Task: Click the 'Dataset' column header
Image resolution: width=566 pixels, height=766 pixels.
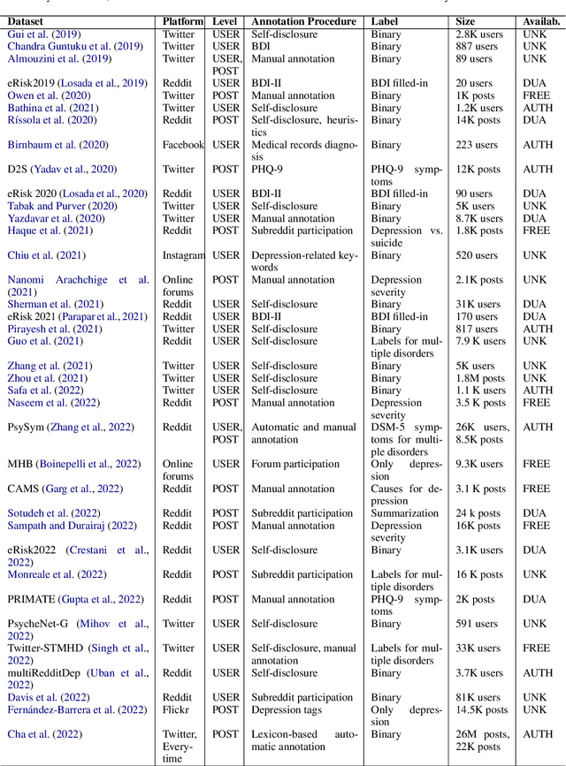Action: click(x=29, y=20)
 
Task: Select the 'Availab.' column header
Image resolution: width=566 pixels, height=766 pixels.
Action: click(x=539, y=20)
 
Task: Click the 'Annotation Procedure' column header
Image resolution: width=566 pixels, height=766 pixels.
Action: click(x=304, y=20)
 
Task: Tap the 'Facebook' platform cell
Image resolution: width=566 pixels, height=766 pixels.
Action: click(x=183, y=145)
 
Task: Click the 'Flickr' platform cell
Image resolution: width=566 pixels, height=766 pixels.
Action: click(x=176, y=709)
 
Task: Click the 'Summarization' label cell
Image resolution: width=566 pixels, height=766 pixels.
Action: click(x=405, y=513)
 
